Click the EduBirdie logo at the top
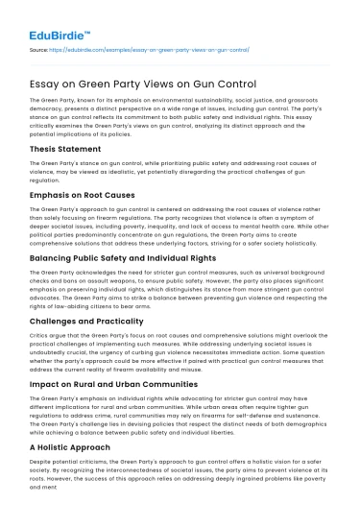coord(48,16)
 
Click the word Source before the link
coord(39,46)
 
